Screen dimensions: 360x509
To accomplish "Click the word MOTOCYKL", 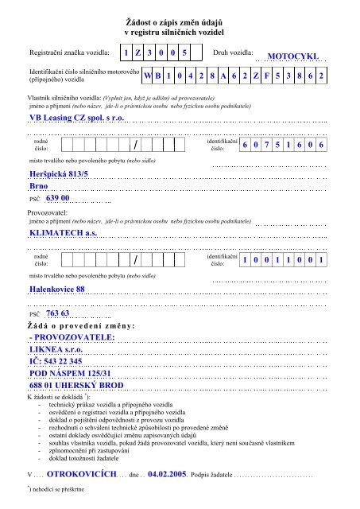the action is pyautogui.click(x=295, y=57).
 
